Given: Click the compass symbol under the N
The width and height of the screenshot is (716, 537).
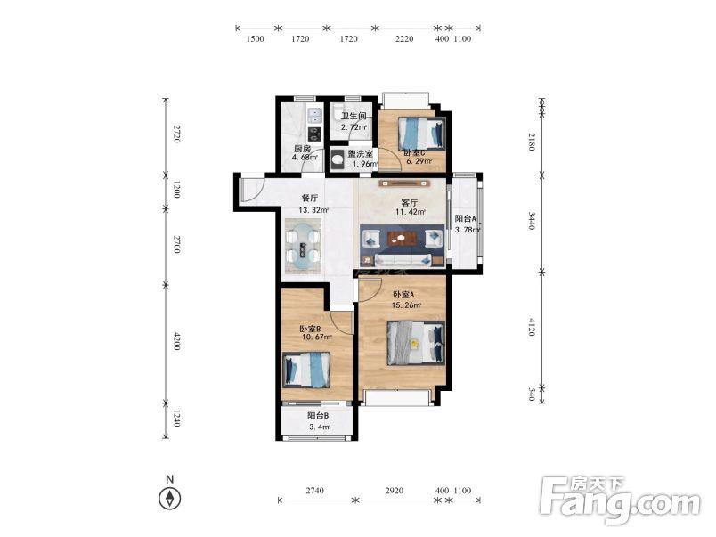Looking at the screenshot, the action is click(169, 499).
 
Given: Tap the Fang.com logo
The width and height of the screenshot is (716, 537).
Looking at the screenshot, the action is click(619, 500).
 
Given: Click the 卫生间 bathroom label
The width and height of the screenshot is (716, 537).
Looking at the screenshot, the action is click(354, 117).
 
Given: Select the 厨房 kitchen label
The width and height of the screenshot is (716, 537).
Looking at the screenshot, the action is click(302, 149).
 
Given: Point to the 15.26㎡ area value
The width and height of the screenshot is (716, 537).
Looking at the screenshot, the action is click(406, 305).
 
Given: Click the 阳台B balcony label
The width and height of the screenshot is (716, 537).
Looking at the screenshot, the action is click(318, 416).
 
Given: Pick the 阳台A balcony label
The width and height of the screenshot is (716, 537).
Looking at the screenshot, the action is click(465, 219).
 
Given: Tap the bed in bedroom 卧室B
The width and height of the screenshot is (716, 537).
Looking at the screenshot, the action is click(306, 370).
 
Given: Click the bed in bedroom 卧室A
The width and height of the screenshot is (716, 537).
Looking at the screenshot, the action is click(416, 343).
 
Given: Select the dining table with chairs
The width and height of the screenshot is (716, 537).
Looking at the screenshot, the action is click(302, 247).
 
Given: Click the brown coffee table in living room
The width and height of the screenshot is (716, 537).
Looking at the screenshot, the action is click(403, 238).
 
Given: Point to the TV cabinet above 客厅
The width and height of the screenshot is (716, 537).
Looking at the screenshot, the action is click(404, 183).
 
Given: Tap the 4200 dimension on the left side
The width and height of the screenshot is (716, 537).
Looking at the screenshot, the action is click(176, 341).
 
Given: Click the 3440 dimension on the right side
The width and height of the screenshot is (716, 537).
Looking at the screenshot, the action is click(532, 220).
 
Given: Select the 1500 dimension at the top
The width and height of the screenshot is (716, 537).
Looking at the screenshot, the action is click(256, 39).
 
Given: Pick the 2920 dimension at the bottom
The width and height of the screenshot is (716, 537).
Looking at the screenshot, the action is click(395, 491).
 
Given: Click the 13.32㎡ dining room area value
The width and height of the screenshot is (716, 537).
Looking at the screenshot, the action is click(313, 210).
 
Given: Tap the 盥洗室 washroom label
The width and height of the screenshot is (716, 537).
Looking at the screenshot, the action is click(361, 153).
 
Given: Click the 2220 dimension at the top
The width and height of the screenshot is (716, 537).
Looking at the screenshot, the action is click(404, 39).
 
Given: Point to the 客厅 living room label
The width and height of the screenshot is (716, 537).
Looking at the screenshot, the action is click(409, 202).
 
